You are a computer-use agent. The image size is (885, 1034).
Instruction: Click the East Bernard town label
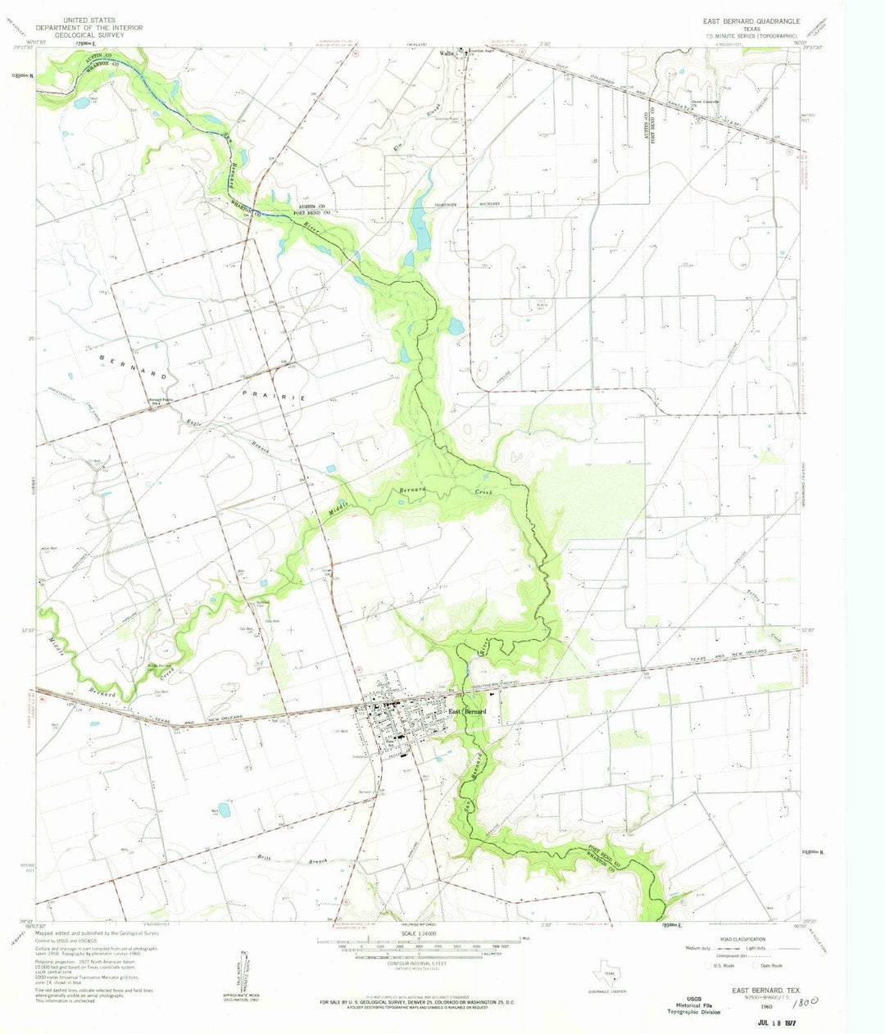click(x=468, y=711)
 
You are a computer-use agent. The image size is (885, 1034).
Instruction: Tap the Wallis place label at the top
click(x=447, y=54)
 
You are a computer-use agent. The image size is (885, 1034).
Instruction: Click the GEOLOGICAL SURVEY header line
click(x=91, y=36)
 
